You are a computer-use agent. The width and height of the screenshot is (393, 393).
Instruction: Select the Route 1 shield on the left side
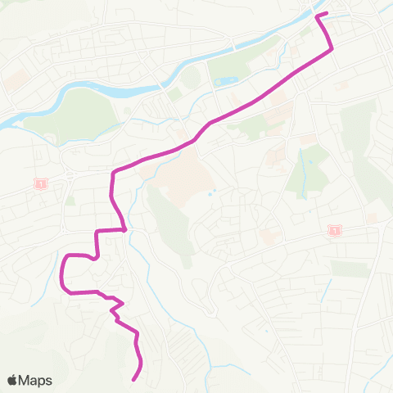38,184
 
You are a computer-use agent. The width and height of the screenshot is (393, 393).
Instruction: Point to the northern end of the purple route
318,15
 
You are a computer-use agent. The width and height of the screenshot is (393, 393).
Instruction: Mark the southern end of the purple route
133,378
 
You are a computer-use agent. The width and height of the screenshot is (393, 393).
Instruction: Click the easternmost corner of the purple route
332,50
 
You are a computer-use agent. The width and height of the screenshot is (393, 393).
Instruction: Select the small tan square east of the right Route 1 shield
373,218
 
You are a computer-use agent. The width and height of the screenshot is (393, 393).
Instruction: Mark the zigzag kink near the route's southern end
116,309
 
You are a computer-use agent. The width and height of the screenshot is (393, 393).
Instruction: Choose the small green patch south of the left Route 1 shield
70,200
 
